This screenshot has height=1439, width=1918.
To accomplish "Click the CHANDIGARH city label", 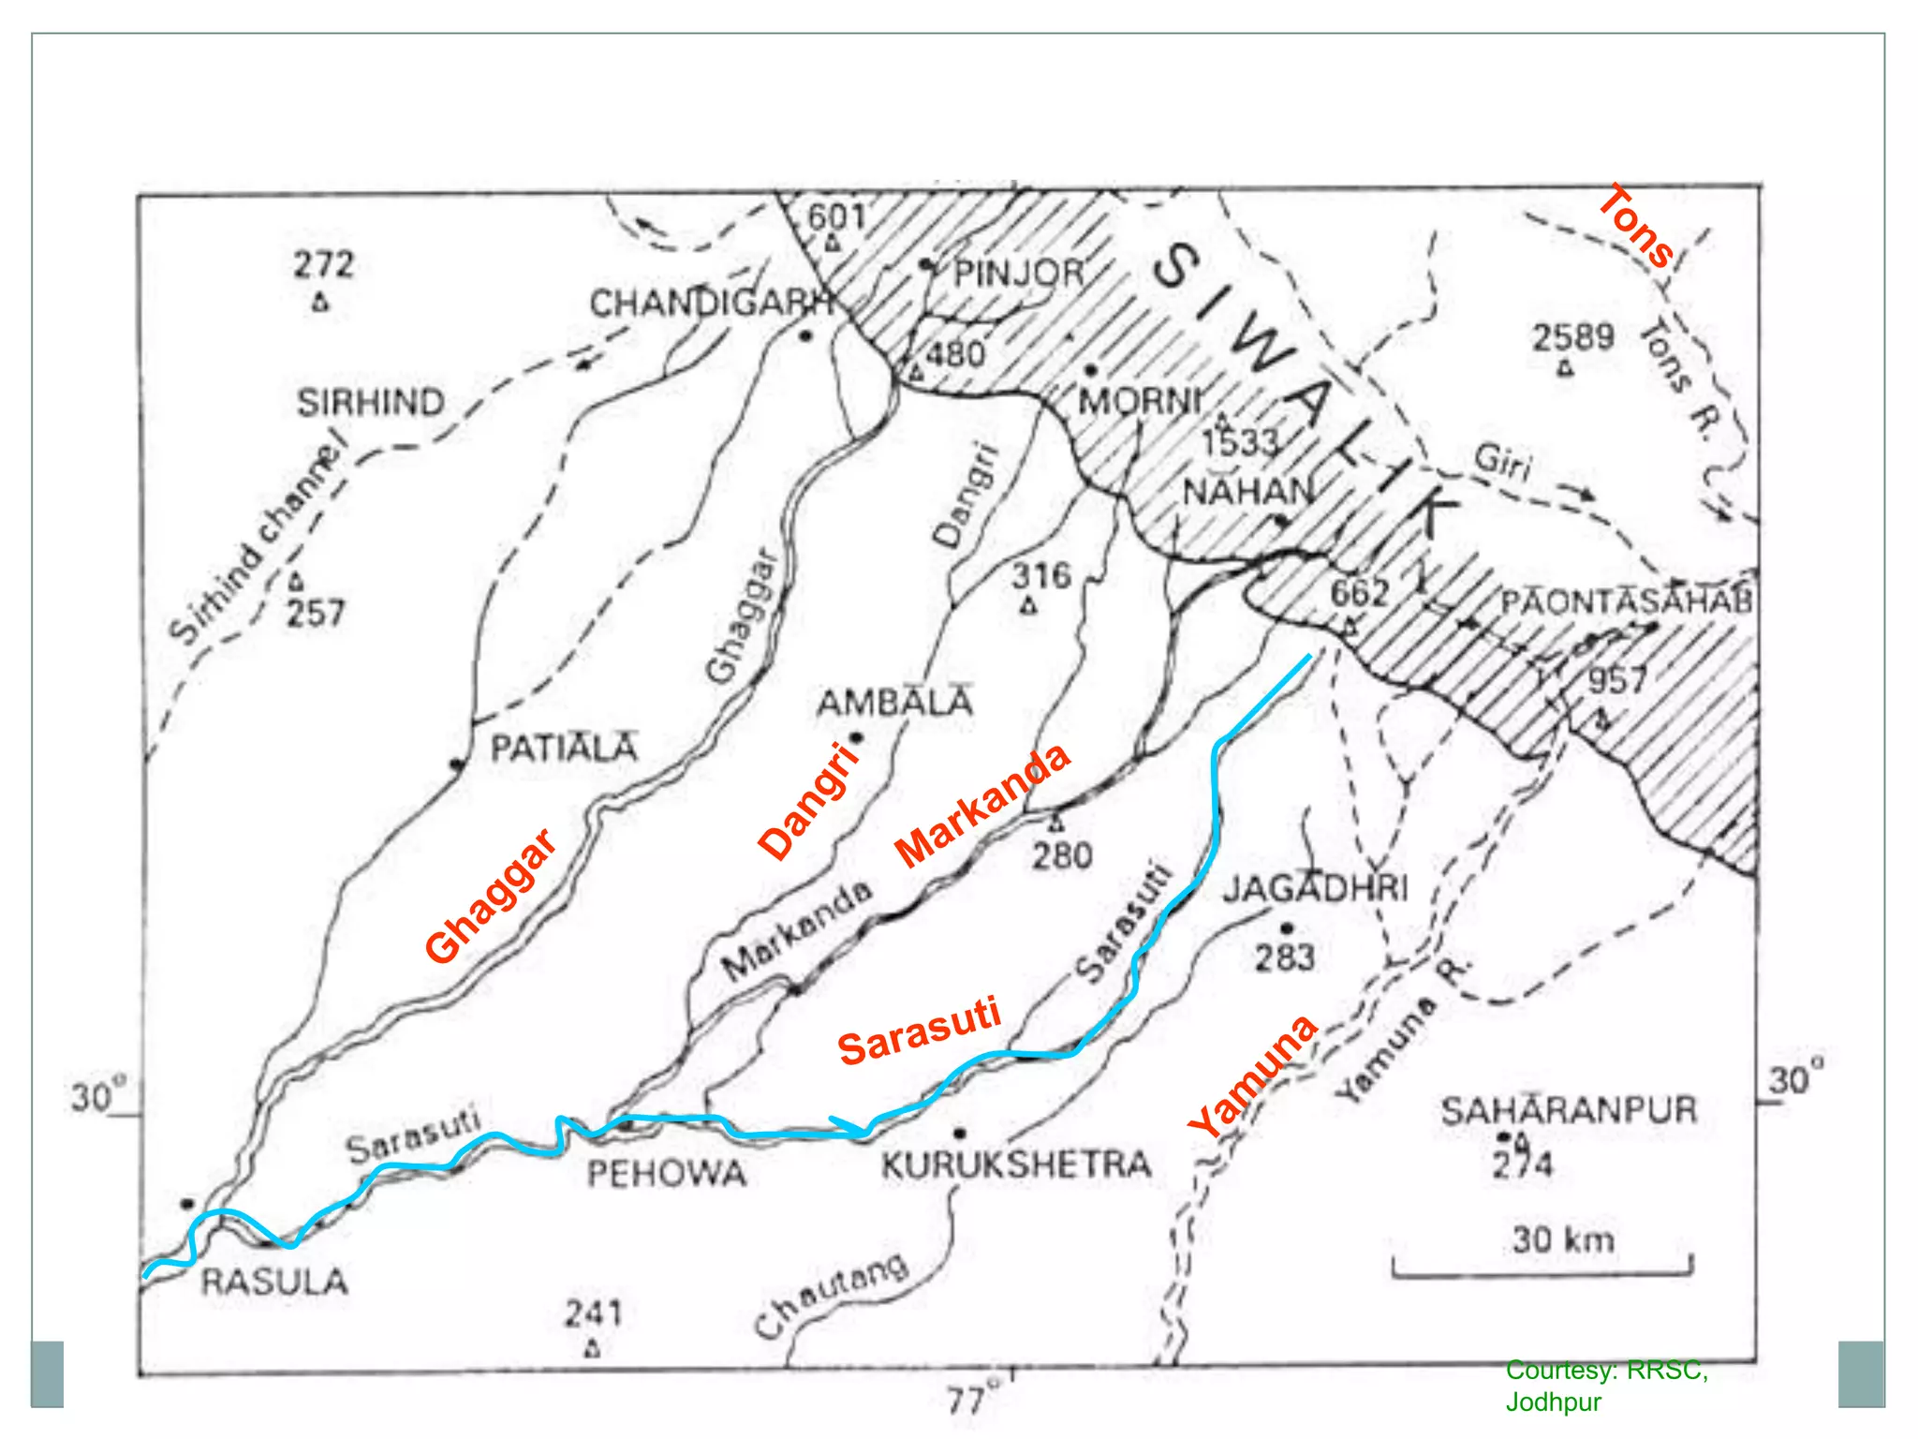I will pos(710,304).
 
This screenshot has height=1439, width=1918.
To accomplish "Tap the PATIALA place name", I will pos(565,748).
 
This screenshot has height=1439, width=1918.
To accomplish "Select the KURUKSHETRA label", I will pos(1016,1165).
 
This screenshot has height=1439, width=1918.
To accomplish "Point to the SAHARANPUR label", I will pos(1569,1111).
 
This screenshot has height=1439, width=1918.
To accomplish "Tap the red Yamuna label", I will pos(1254,1076).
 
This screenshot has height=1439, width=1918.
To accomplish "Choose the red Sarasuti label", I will pos(920,1031).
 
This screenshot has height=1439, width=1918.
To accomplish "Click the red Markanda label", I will pos(981,805).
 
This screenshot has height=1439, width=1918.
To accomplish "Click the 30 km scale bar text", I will pos(1563,1239).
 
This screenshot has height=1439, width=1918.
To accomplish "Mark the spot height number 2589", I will pos(1573,337).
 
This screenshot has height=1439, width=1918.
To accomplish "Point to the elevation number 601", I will pos(836,216).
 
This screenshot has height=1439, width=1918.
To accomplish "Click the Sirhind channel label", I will pos(254,544).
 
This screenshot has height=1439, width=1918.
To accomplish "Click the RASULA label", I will pos(274,1282).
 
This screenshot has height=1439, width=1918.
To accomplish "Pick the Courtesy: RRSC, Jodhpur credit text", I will pos(1606,1386).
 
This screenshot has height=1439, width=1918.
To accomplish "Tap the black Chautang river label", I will pos(831,1296).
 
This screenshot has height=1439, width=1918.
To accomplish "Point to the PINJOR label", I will pos(1018,274).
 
